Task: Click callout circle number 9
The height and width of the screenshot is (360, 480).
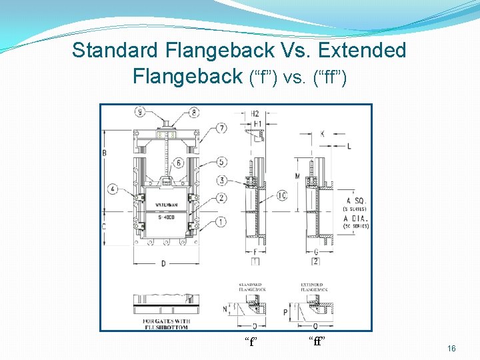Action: tap(140, 112)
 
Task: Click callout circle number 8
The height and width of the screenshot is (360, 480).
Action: tap(194, 112)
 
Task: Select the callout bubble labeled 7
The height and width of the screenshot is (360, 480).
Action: tap(222, 128)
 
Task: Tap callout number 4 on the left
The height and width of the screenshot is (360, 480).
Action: tap(114, 189)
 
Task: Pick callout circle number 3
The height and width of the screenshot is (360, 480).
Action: tap(222, 180)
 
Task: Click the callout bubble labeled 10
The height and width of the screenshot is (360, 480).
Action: tap(282, 195)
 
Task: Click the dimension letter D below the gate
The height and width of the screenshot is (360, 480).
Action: tap(163, 264)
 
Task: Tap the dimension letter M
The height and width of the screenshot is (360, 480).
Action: tap(297, 176)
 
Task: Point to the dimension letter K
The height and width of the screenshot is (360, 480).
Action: tap(322, 134)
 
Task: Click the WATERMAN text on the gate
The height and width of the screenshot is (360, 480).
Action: tap(166, 203)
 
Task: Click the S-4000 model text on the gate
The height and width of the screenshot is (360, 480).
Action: tap(166, 217)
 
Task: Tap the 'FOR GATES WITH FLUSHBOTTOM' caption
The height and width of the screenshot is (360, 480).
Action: tap(165, 324)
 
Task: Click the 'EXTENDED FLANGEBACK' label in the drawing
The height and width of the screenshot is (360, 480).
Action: tap(312, 288)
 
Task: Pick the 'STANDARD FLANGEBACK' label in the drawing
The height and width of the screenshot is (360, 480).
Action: tap(251, 288)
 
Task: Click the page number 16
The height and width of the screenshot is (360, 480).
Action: tap(451, 349)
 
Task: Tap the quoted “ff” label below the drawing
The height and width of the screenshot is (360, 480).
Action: tap(317, 342)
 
